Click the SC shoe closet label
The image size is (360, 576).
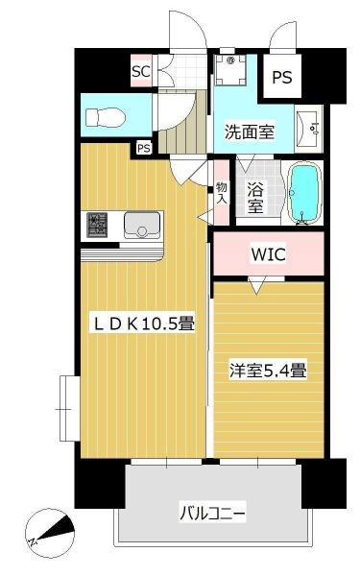coord(140,71)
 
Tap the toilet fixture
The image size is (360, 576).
coord(100,116)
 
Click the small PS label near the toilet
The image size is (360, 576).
coord(143,148)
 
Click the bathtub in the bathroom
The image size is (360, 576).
coord(304,193)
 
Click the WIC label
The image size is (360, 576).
coord(268,254)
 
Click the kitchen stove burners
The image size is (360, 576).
coord(97,226)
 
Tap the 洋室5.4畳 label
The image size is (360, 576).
coord(267,370)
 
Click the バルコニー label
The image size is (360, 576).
coord(212,514)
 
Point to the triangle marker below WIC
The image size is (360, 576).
coord(255,284)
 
